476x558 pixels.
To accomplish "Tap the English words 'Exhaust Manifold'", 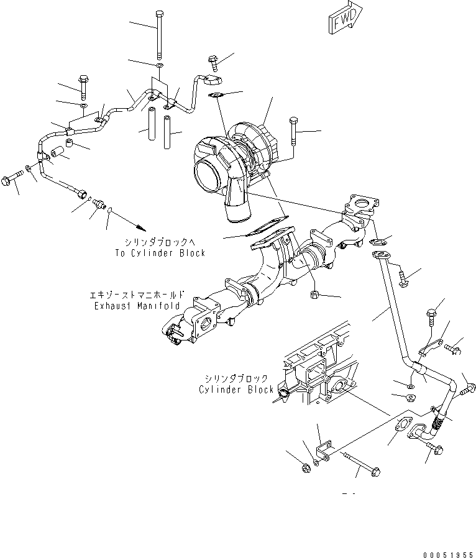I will tap(137, 306).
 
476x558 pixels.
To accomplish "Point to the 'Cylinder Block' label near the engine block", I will tap(236, 390).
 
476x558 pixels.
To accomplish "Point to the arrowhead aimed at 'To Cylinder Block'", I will tap(142, 226).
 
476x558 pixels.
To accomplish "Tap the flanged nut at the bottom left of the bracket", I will tap(306, 467).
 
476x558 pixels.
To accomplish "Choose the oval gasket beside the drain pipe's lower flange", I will tap(403, 428).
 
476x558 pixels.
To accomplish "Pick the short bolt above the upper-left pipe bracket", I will tap(83, 83).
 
